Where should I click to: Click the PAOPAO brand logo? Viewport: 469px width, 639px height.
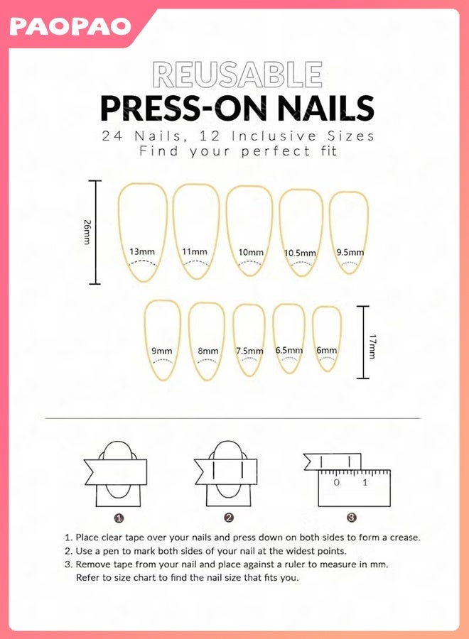point(70,26)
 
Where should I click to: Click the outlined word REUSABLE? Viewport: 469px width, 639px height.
point(238,75)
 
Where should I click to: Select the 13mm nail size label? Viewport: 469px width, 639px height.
point(142,251)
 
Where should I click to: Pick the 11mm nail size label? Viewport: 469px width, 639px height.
point(195,251)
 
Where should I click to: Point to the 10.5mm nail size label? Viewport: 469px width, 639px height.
point(300,253)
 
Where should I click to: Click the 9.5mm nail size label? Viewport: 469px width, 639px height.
point(350,252)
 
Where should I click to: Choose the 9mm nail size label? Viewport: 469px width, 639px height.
point(162,351)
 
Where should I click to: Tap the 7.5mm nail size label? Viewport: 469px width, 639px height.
point(249,351)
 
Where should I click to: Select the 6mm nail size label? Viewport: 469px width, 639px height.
point(327,350)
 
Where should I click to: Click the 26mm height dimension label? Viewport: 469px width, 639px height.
point(87,232)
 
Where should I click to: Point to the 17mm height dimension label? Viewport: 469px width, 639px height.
point(372,346)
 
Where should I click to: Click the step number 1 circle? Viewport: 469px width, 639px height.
point(119,518)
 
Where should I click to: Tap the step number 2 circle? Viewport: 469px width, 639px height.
point(229,518)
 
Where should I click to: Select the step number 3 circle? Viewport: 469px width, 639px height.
point(352,518)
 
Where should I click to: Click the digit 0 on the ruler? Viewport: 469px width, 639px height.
point(336,483)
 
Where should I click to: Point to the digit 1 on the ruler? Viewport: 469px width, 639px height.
point(365,483)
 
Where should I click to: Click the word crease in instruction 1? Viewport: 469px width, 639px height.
point(405,537)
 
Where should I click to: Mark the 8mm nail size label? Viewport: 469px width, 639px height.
point(208,351)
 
